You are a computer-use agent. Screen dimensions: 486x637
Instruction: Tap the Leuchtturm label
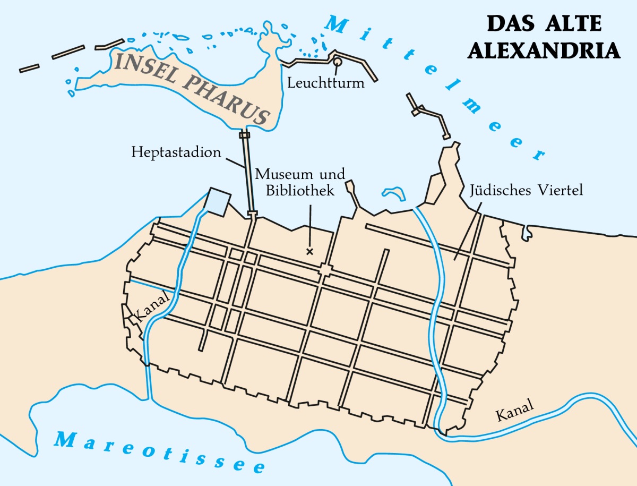(326, 83)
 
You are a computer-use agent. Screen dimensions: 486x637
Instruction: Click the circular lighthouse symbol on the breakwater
(337, 62)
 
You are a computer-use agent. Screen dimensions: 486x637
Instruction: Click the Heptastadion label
(176, 153)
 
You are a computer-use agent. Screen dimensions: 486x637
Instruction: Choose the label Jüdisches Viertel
(526, 190)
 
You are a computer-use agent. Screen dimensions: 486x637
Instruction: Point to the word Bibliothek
(300, 190)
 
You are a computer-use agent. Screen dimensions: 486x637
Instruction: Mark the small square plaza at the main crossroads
(324, 271)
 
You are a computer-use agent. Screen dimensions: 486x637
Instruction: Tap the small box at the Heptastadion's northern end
(244, 135)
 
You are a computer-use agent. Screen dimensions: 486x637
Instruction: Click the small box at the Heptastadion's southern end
(252, 214)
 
